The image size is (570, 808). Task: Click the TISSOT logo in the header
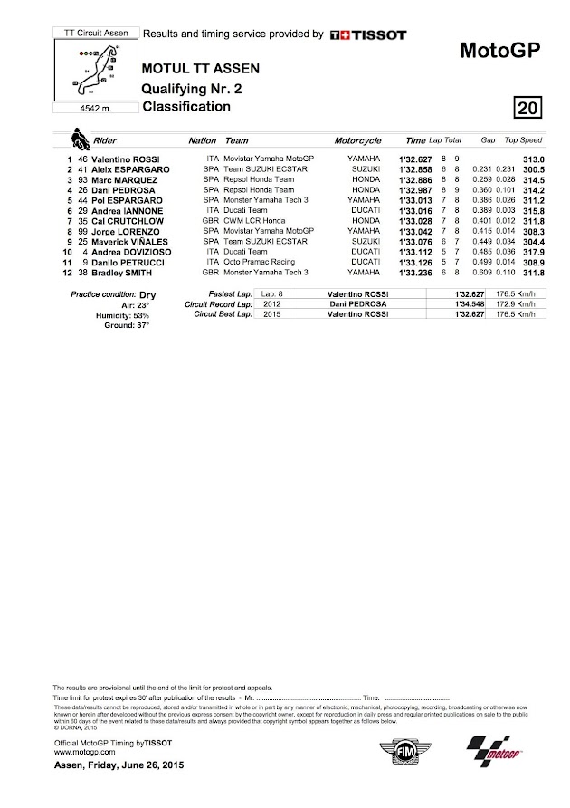[368, 34]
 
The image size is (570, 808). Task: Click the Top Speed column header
[523, 141]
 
